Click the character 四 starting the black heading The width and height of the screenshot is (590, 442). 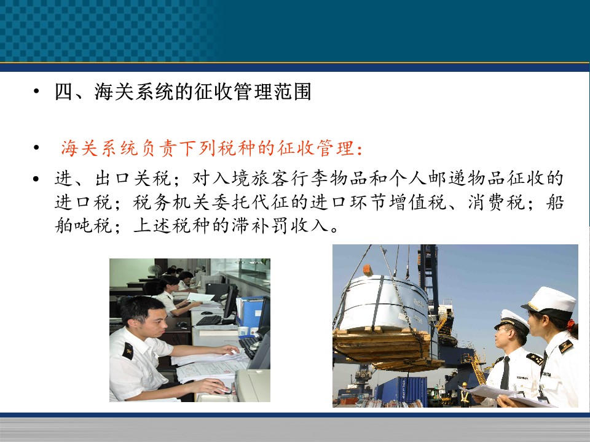(x=63, y=91)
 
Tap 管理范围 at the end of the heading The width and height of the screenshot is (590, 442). (x=272, y=91)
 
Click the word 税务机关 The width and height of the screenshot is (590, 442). (x=171, y=202)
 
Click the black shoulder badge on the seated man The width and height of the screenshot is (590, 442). (x=128, y=351)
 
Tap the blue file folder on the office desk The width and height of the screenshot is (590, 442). (x=250, y=311)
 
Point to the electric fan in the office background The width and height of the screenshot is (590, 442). (x=155, y=271)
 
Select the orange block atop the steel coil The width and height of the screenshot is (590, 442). (x=368, y=270)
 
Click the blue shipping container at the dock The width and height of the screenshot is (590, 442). (x=401, y=389)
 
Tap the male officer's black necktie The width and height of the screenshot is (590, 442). (x=505, y=373)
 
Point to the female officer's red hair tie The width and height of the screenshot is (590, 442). (x=571, y=325)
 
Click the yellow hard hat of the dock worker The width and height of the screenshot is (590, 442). (x=465, y=384)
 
